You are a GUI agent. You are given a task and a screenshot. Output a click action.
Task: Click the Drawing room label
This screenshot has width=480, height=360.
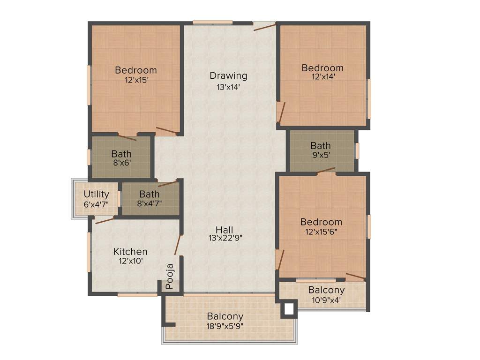[x=228, y=75]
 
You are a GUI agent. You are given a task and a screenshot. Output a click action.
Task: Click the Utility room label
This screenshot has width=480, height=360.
[x=96, y=194]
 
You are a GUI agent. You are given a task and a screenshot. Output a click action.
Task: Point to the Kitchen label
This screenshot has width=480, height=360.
[x=130, y=252]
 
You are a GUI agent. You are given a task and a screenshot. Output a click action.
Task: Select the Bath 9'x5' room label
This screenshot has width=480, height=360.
[x=320, y=145]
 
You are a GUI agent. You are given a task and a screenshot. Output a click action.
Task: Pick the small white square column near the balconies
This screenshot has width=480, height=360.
[x=289, y=309]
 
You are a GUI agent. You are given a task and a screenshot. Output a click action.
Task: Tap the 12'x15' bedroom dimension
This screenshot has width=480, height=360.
[x=136, y=80]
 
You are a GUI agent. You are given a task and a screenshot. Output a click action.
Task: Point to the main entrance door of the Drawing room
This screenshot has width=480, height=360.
[x=264, y=26]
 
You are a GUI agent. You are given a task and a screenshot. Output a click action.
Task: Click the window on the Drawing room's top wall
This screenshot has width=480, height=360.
[x=212, y=22]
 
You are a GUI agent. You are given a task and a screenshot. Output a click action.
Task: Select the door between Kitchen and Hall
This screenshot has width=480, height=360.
[x=178, y=245]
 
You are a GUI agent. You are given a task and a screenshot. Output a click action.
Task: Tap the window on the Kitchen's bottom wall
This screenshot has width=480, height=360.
[x=137, y=294]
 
